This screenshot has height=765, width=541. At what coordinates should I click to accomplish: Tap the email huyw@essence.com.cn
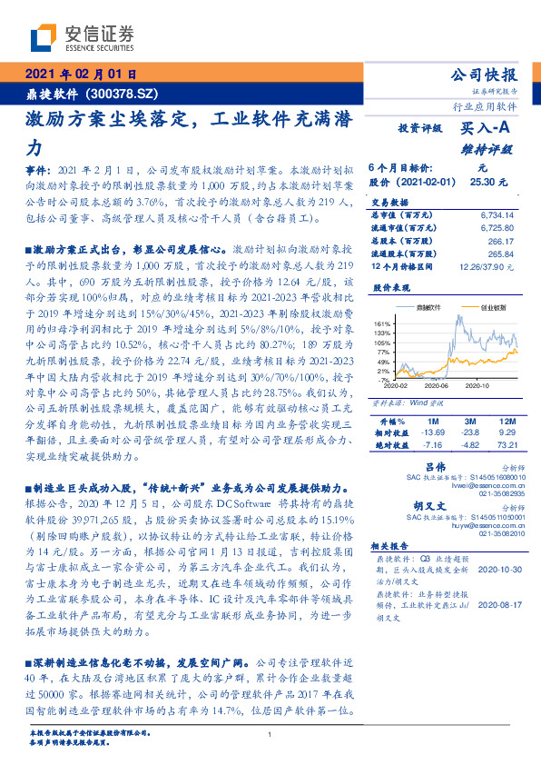488,526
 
